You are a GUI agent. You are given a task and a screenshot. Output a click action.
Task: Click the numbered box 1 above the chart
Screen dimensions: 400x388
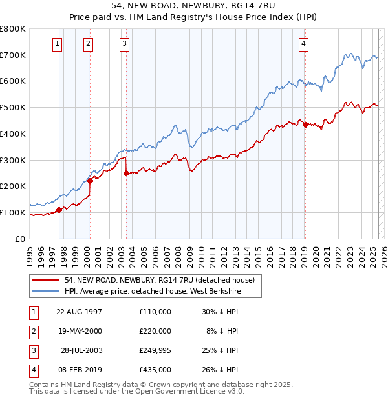(x=58, y=44)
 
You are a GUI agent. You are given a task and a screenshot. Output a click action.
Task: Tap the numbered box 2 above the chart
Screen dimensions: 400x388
(x=88, y=44)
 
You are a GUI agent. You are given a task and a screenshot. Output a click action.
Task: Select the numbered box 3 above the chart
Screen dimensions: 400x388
(x=124, y=44)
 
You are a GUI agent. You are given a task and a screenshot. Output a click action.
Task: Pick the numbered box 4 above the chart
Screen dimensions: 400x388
(x=303, y=44)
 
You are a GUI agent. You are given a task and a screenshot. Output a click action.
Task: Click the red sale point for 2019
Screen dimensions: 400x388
(x=305, y=125)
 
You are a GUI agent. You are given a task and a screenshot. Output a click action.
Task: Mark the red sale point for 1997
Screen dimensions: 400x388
(x=59, y=210)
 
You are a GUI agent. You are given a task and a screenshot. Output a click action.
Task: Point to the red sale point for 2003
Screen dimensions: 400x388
(x=126, y=173)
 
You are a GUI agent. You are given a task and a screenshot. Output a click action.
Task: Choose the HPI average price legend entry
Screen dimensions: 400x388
(x=153, y=291)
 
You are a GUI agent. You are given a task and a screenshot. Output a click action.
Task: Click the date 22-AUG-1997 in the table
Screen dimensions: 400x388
(x=80, y=312)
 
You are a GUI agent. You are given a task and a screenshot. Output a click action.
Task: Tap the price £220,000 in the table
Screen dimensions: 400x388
(x=155, y=331)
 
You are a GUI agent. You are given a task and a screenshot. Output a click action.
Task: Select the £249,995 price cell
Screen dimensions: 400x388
(x=155, y=350)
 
